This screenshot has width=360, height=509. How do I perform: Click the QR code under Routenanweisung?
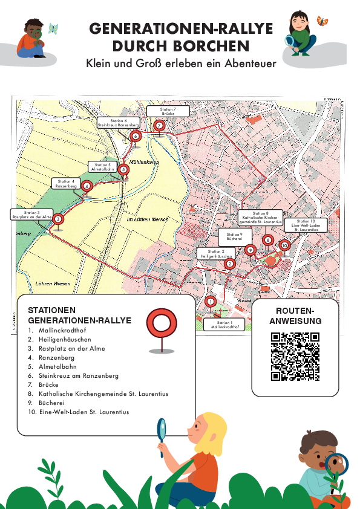(x=295, y=357)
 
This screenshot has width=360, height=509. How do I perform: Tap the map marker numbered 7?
(x=159, y=126)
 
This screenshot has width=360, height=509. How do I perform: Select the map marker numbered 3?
(x=58, y=219)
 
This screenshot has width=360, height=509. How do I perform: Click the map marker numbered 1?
(x=211, y=302)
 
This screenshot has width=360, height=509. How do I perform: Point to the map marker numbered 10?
(x=284, y=245)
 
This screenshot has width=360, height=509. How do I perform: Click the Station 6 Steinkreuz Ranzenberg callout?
(x=119, y=123)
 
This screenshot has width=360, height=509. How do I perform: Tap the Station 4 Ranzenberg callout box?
(x=65, y=184)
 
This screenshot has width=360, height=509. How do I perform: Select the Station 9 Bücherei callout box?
(x=235, y=237)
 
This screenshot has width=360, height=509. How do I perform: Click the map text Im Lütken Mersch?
(x=148, y=219)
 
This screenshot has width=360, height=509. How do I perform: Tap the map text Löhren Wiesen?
(x=53, y=284)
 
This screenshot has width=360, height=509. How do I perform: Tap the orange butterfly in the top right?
(x=322, y=21)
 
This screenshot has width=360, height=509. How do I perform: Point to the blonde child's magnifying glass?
(x=162, y=430)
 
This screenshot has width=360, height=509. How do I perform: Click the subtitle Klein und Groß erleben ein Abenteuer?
(x=180, y=63)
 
